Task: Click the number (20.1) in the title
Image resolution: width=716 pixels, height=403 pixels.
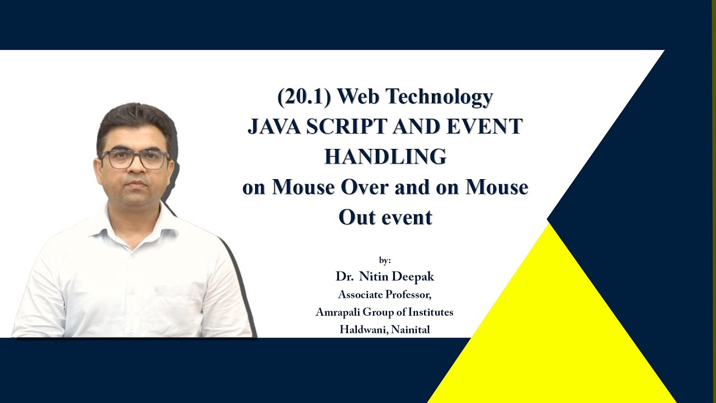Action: click(304, 97)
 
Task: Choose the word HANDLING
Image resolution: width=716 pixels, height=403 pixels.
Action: click(385, 157)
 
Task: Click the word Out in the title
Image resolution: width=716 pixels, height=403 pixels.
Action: click(355, 217)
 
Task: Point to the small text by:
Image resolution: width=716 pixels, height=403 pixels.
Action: click(385, 260)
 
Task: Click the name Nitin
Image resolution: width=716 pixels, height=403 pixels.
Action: click(376, 277)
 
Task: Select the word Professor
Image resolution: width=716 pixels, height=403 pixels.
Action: click(406, 294)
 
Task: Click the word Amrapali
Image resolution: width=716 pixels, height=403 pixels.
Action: click(338, 312)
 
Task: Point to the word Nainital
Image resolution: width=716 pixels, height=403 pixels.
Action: click(411, 330)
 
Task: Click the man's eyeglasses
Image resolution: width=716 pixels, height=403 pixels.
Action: click(134, 159)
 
